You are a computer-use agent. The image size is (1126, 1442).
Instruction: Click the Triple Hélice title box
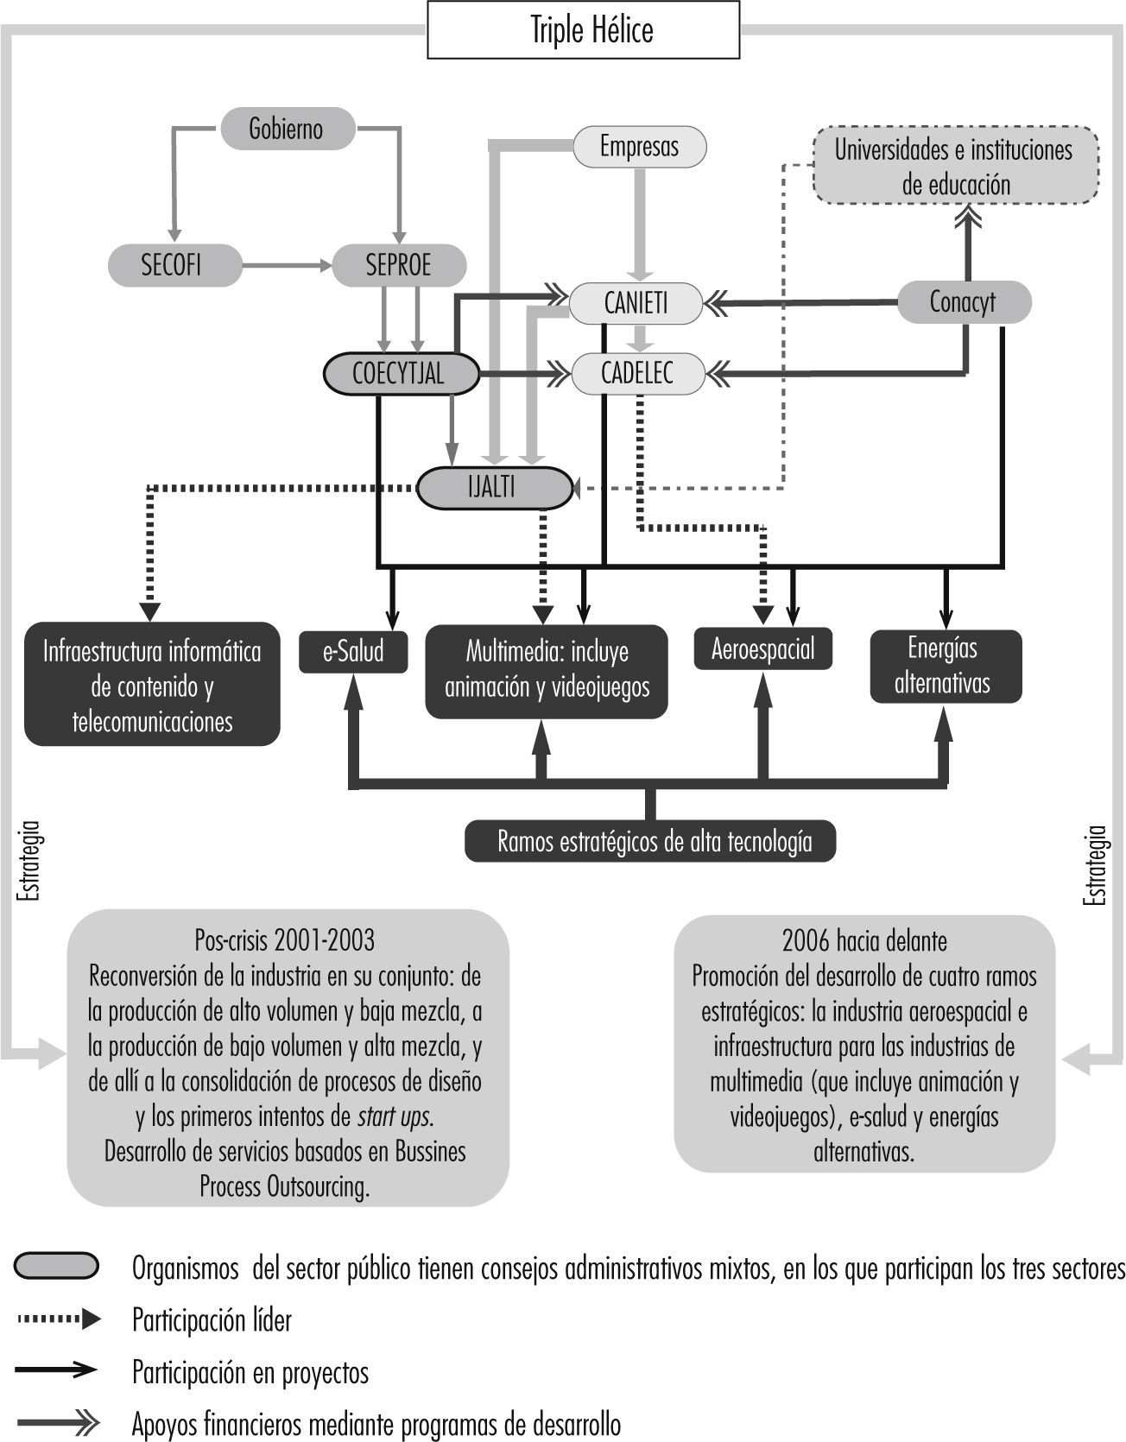584,30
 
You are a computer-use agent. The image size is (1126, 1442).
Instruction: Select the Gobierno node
288,129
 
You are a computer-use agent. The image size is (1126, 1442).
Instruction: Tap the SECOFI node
174,264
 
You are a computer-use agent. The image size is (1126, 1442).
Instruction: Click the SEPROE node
399,264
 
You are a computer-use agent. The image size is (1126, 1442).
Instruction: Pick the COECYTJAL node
401,374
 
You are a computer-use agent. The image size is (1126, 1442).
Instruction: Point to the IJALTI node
494,487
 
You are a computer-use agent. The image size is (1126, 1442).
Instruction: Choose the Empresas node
639,146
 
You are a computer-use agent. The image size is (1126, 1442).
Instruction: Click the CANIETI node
636,303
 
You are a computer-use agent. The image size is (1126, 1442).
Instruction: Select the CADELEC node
637,374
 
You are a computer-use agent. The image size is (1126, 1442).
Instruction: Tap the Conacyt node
964,302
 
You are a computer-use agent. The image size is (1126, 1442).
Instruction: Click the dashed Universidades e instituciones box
955,166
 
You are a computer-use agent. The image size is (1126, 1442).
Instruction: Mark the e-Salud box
353,652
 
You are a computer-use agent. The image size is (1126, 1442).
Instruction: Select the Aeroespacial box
763,648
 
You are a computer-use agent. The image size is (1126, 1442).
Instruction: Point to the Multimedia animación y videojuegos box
546,670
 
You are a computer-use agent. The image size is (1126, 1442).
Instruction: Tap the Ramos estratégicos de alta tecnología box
650,841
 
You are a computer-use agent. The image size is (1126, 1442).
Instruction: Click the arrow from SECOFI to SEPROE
287,266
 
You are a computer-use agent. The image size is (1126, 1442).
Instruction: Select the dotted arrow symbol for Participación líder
58,1319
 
